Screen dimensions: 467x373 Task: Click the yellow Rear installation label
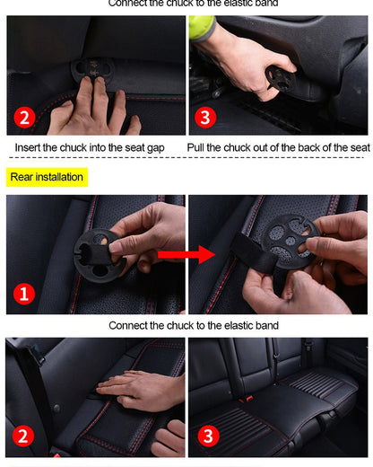(x=47, y=177)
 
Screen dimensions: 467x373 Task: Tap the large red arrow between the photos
(x=186, y=256)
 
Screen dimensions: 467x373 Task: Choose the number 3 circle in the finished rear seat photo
(x=209, y=436)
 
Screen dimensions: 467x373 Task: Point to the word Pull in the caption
(x=199, y=147)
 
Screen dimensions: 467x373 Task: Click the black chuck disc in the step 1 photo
(x=100, y=252)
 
